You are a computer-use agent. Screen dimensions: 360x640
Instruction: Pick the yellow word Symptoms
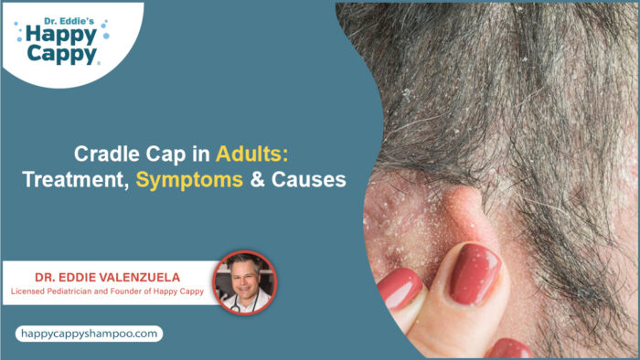[x=189, y=181]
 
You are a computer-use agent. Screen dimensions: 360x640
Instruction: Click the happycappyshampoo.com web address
[x=88, y=334]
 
